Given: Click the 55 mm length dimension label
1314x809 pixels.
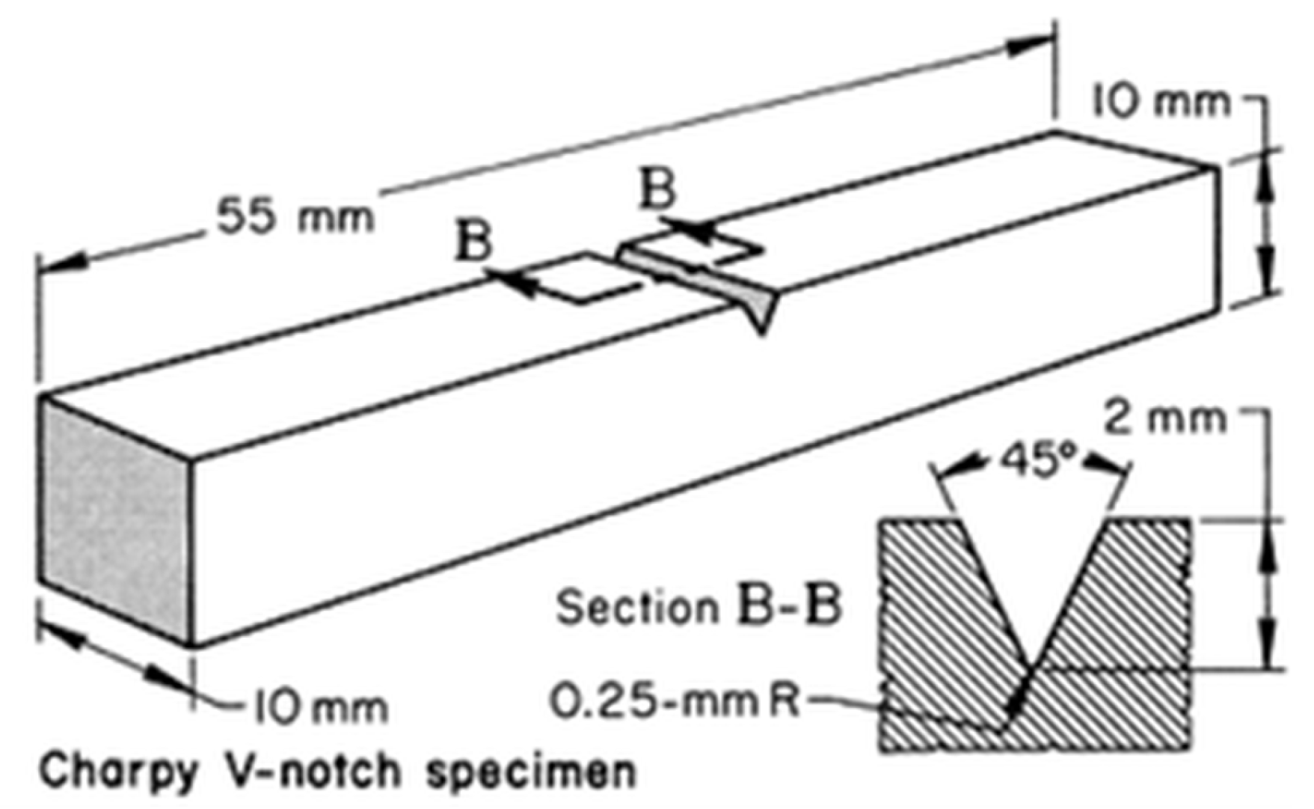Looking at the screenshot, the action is point(295,216).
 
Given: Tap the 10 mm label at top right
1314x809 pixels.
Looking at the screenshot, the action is point(1161,102).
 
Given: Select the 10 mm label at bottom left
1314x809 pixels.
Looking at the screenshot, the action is point(321,707).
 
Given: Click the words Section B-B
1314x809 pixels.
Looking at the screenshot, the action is point(699,606).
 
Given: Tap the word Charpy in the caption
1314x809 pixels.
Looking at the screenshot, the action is point(117,772).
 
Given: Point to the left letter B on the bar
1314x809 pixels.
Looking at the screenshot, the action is point(473,242).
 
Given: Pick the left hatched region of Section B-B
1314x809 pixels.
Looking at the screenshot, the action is point(947,636).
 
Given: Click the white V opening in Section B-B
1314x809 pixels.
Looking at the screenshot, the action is point(1031,569).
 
